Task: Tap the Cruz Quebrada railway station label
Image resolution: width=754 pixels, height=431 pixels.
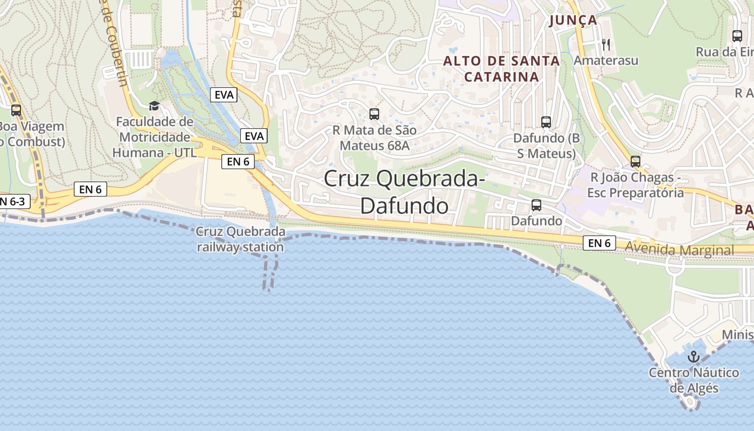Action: [x=240, y=240]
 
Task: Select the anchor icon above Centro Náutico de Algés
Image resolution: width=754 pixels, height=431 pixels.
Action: [x=694, y=356]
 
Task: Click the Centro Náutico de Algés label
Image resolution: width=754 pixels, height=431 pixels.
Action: [x=694, y=380]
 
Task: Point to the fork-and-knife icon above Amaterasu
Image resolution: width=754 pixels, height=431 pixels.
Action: [x=606, y=44]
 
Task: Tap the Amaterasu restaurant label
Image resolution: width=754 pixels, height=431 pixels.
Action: [x=606, y=60]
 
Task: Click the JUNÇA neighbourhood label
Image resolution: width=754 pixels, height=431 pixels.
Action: [x=574, y=20]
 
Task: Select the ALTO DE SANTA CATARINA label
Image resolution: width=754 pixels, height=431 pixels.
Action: [x=501, y=69]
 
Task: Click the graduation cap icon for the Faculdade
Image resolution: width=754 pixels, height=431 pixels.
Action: [x=155, y=106]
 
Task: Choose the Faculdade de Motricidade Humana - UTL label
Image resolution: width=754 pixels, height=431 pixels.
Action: [x=155, y=137]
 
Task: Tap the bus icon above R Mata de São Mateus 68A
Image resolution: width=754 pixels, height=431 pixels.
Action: [x=374, y=114]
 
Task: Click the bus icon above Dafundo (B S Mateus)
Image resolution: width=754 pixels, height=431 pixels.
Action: [x=546, y=122]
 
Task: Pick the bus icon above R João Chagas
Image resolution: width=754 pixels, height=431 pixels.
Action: [x=636, y=161]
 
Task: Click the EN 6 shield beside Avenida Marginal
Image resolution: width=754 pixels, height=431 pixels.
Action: [x=599, y=244]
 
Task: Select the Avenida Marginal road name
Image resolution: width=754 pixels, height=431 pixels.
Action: [x=680, y=250]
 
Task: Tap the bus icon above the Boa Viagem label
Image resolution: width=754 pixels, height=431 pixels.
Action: [x=16, y=110]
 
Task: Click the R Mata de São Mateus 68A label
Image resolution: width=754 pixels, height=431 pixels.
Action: [x=374, y=138]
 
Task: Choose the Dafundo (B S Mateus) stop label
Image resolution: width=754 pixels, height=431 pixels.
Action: [x=546, y=145]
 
